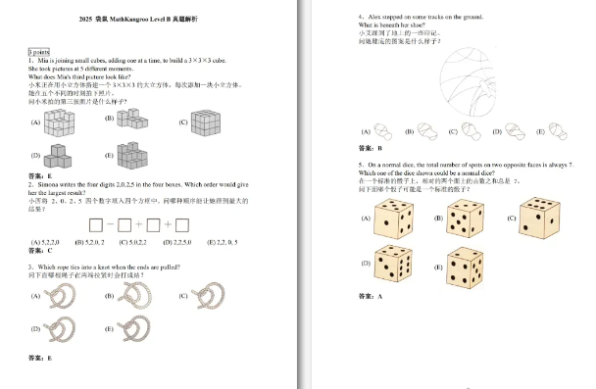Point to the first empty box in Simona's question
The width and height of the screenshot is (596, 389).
pos(96,224)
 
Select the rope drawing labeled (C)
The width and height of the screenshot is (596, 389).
pos(208,294)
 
